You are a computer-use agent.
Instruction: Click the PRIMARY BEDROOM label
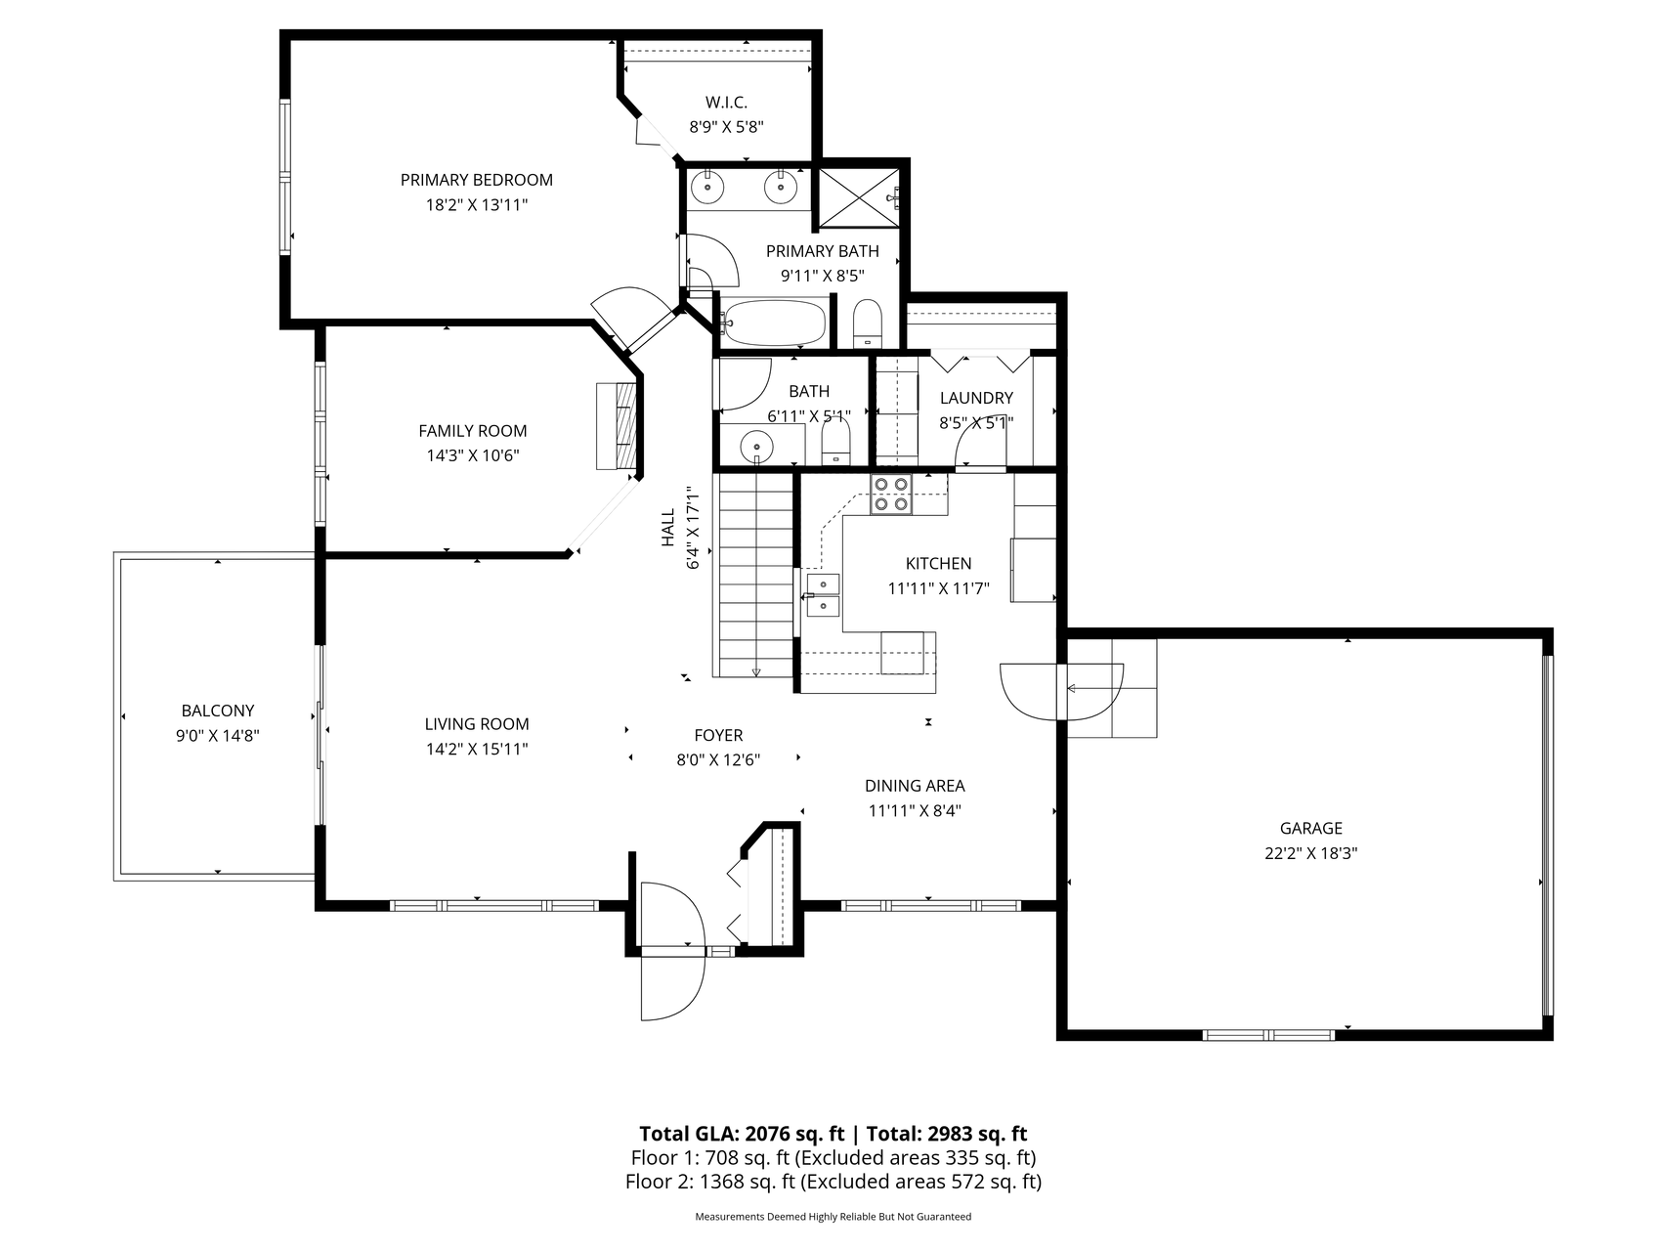[x=476, y=180]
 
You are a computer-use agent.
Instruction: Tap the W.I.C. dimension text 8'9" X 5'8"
[x=726, y=126]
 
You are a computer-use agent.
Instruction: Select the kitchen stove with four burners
[x=891, y=494]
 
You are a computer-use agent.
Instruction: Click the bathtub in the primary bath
[x=776, y=323]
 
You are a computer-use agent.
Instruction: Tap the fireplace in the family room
[x=618, y=426]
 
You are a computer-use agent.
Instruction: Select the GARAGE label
[x=1310, y=828]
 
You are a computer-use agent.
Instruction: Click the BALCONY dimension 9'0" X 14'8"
[x=217, y=736]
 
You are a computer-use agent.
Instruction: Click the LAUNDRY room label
[x=976, y=398]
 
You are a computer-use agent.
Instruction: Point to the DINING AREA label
[x=915, y=786]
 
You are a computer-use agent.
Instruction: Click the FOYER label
[x=718, y=736]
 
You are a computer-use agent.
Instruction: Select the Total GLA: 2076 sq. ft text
[x=742, y=1134]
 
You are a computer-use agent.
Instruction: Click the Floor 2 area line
[x=833, y=1182]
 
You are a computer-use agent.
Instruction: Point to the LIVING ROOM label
[x=477, y=724]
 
